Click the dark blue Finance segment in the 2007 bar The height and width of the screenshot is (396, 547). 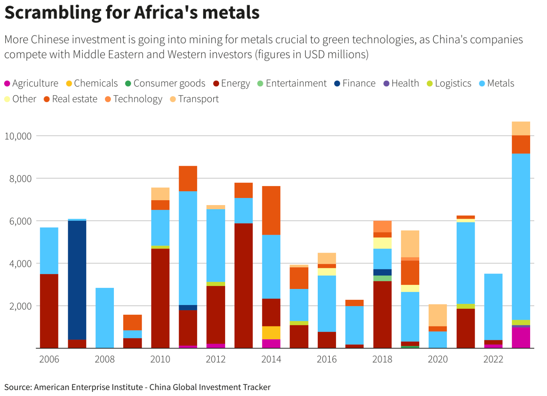(77, 280)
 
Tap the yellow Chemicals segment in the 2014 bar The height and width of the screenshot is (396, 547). (271, 333)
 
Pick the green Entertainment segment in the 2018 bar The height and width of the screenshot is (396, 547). (382, 278)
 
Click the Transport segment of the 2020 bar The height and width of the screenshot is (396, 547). (438, 315)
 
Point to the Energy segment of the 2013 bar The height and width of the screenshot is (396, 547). (244, 286)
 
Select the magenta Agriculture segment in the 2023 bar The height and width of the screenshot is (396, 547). (521, 338)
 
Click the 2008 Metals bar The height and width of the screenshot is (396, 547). (105, 318)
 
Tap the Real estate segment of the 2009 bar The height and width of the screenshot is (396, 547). (133, 322)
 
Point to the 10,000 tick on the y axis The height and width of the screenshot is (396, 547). (18, 136)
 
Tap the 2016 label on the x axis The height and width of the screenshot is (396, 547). (326, 359)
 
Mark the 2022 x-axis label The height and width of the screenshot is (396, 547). (493, 359)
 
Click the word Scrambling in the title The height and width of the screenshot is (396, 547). (52, 12)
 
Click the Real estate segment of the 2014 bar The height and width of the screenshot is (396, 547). (271, 210)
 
